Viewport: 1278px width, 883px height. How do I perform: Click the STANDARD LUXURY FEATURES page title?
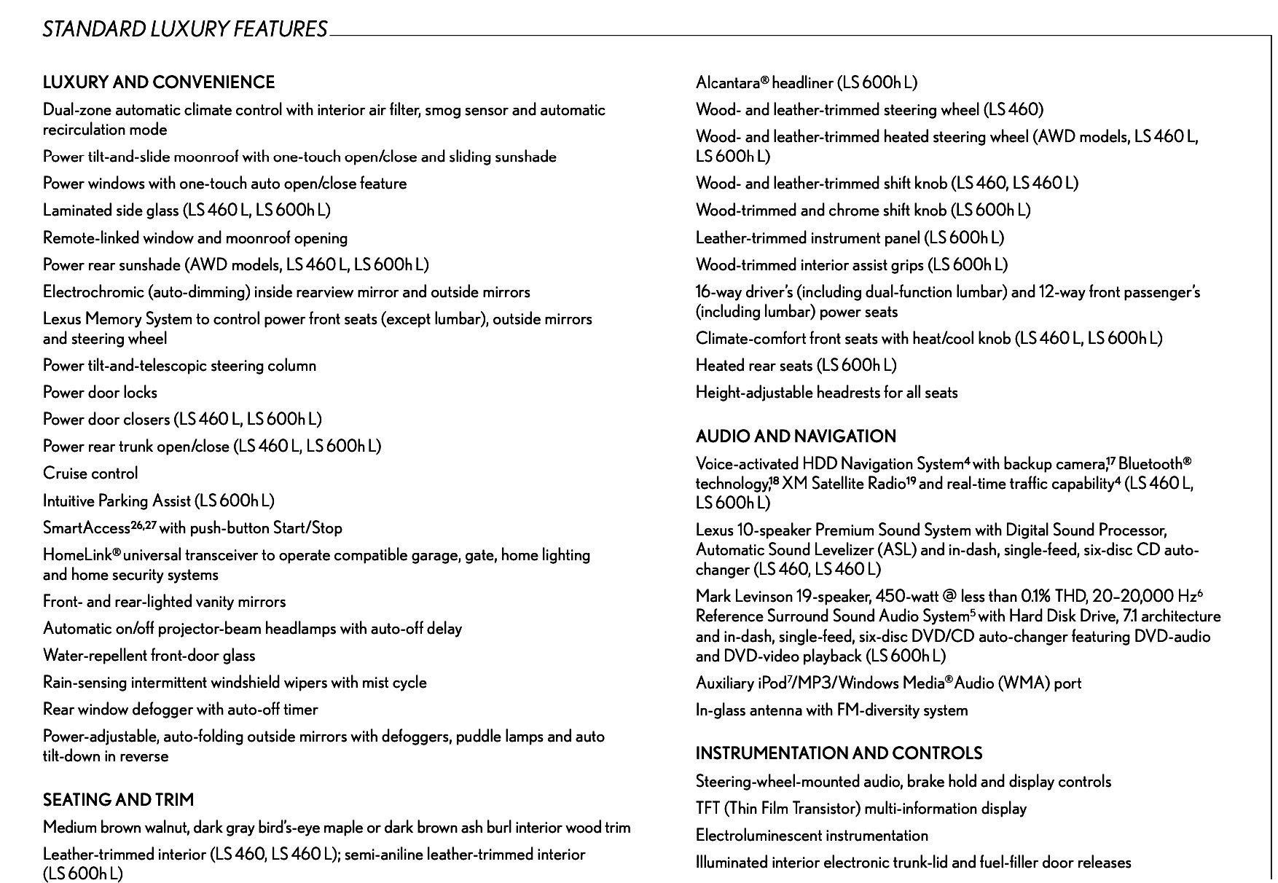point(184,29)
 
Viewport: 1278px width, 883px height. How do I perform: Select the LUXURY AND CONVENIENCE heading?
point(159,82)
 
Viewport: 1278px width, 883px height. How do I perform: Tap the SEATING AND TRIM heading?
point(119,800)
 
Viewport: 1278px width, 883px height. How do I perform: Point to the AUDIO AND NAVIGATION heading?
point(796,436)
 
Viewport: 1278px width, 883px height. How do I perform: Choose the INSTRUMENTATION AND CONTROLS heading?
point(839,753)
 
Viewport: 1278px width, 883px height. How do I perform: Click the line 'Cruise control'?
point(90,474)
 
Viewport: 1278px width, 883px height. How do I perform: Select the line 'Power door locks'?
point(100,393)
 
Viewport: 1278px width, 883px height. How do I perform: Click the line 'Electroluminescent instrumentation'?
point(812,836)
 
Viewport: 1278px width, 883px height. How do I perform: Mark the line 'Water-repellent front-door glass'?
point(149,656)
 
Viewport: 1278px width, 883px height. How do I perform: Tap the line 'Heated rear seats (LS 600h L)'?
point(796,366)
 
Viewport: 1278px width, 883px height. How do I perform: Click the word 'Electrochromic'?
point(93,292)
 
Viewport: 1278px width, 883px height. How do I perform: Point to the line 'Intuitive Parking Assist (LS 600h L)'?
point(158,501)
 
